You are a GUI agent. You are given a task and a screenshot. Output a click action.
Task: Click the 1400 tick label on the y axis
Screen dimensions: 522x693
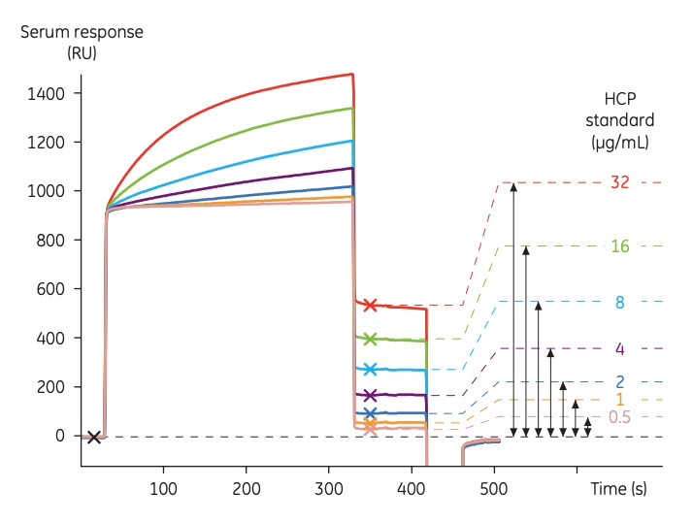coord(47,93)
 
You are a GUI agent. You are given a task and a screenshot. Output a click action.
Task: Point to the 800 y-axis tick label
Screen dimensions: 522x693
coord(49,240)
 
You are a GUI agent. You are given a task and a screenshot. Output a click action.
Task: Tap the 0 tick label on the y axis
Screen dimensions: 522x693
coord(59,436)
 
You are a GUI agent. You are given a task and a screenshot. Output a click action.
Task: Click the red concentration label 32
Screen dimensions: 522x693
coord(620,182)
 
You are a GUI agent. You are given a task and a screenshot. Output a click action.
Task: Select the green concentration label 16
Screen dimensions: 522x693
coord(620,246)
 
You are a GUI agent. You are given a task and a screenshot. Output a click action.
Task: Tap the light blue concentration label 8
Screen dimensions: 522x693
coord(620,302)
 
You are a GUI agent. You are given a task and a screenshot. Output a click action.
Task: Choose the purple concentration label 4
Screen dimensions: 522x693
coord(620,348)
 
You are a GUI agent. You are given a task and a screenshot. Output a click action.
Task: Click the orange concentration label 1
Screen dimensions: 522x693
coord(620,400)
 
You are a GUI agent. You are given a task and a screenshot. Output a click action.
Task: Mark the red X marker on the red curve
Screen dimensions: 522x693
coord(370,305)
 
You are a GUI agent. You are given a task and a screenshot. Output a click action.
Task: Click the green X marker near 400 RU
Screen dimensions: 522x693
coord(370,339)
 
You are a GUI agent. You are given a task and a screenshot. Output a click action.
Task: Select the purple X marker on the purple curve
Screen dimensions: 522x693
coord(370,395)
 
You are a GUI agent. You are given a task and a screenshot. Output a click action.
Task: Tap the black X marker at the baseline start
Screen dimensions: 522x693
coord(94,437)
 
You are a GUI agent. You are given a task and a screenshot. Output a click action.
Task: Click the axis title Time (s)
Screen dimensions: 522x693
coord(618,489)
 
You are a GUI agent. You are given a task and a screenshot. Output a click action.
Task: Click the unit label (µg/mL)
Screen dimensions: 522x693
coord(619,143)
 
